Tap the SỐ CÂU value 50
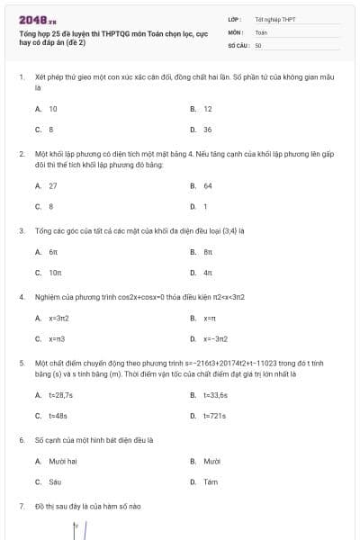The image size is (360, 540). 258,44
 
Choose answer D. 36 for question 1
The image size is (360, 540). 207,130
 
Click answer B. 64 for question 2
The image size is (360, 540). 207,186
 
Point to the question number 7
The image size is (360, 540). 21,507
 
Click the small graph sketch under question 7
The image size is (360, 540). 81,529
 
